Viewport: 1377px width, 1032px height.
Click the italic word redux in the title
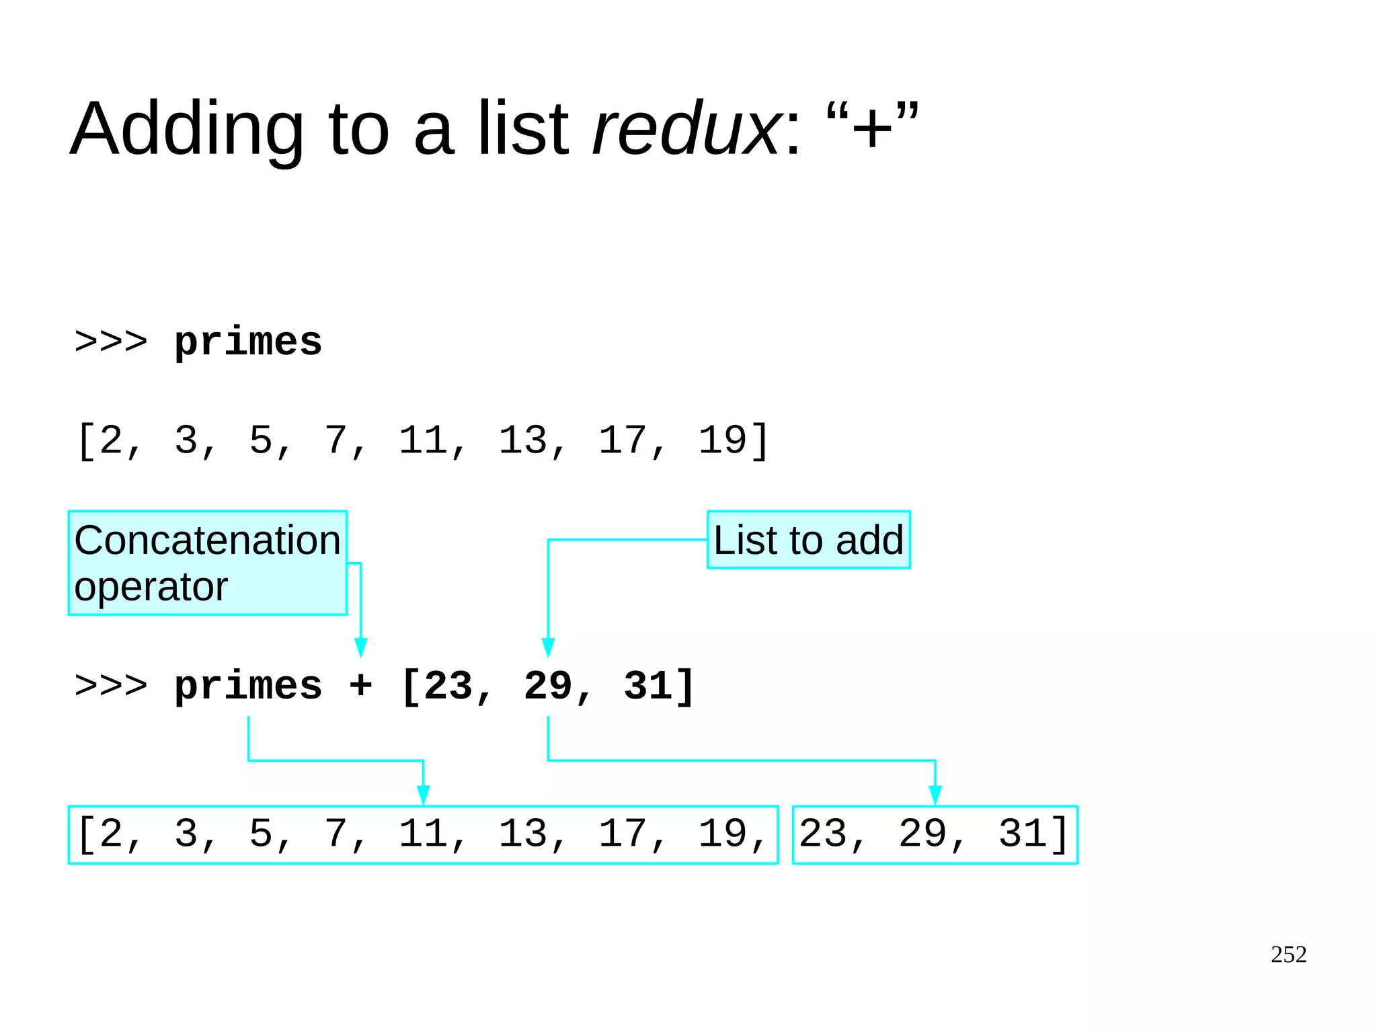pyautogui.click(x=686, y=129)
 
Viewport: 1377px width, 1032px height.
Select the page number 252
pyautogui.click(x=1288, y=954)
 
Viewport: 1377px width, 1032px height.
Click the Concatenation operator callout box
pyautogui.click(x=207, y=563)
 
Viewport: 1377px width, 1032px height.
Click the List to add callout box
pyautogui.click(x=808, y=540)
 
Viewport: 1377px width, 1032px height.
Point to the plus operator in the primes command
pyautogui.click(x=360, y=686)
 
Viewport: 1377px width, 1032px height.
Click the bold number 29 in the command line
pyautogui.click(x=548, y=686)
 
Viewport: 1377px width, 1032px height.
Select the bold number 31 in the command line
pyautogui.click(x=647, y=686)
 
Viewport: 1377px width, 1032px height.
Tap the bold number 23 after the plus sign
pyautogui.click(x=448, y=686)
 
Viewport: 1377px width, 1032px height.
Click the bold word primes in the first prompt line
pyautogui.click(x=248, y=343)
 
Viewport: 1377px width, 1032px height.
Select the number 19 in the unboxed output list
pyautogui.click(x=722, y=440)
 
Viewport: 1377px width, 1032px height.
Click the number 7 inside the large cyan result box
pyautogui.click(x=336, y=834)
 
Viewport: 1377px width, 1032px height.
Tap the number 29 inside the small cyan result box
pyautogui.click(x=922, y=834)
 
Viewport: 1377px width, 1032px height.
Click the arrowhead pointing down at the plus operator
pyautogui.click(x=360, y=647)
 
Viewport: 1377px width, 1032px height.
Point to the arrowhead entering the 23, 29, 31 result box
pyautogui.click(x=935, y=795)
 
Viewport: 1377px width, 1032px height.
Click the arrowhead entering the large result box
pyautogui.click(x=423, y=795)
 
